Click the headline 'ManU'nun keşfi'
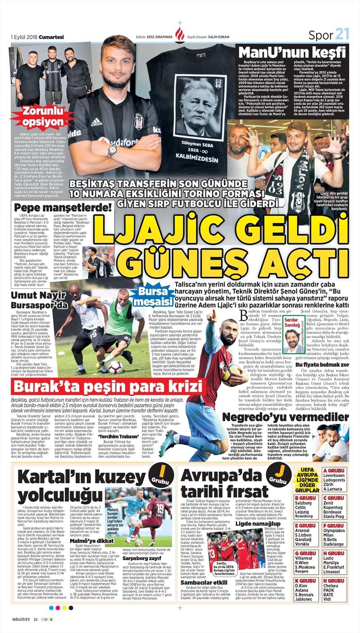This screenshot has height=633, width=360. coord(292,52)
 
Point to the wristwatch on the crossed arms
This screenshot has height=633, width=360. coord(112,151)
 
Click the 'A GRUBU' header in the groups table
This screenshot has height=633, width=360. coord(333,471)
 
